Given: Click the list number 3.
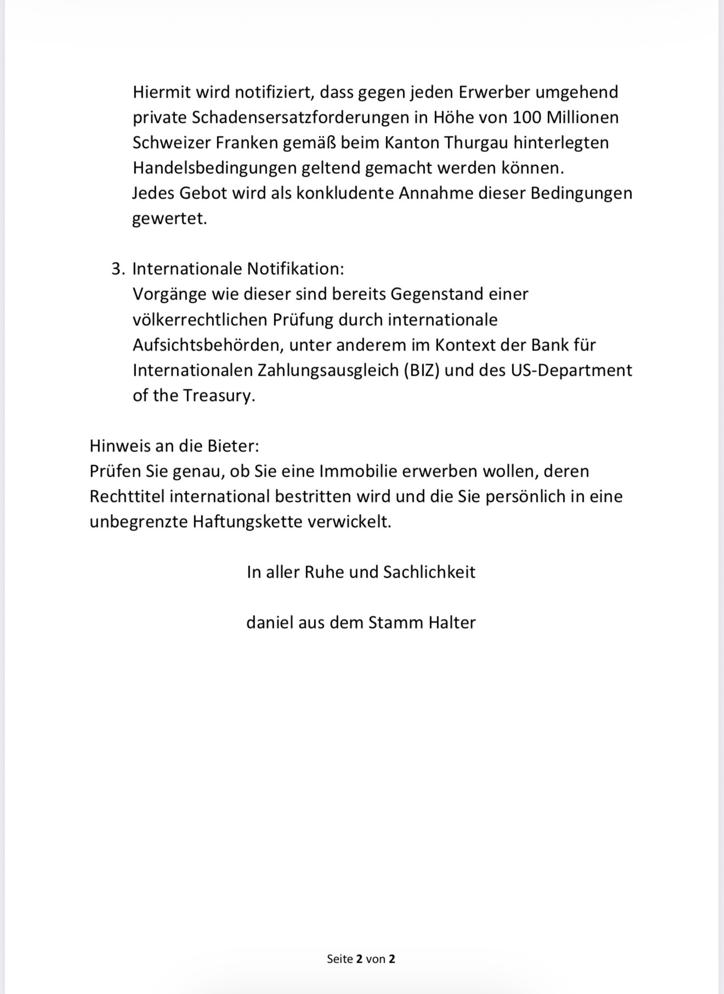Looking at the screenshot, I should [x=117, y=269].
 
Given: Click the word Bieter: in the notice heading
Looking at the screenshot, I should [x=233, y=445].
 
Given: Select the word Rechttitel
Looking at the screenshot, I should [x=127, y=496].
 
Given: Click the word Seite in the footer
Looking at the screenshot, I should [x=340, y=959].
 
